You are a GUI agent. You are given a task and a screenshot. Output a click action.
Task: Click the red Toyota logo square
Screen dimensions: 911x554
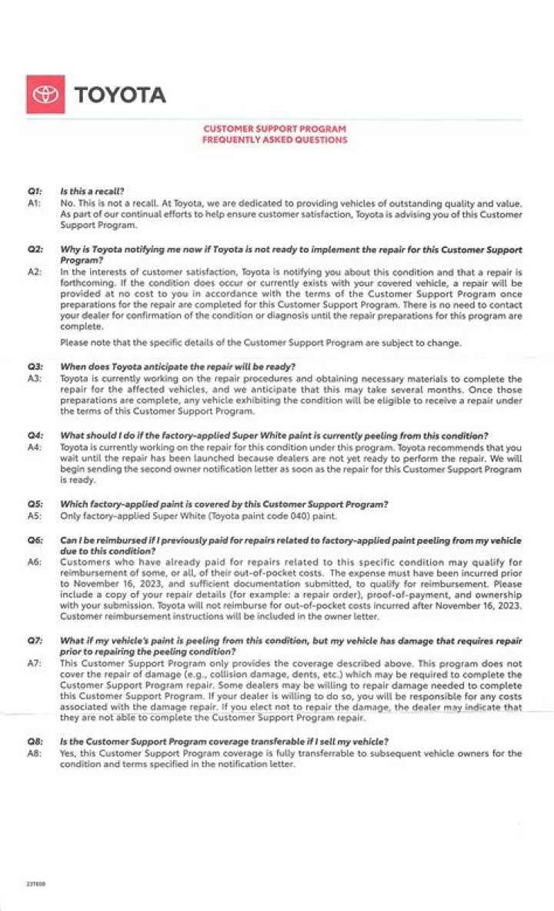(45, 95)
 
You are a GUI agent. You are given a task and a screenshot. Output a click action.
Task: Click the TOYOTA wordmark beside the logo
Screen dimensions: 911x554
(119, 95)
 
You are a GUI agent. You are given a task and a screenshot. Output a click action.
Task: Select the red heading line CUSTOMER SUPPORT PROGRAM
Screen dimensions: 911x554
(275, 129)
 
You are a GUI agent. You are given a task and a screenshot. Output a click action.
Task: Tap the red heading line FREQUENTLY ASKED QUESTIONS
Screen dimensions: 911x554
(275, 140)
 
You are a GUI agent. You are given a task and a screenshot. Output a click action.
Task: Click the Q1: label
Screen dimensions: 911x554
(34, 191)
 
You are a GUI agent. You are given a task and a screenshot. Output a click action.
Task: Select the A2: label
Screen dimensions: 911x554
(34, 273)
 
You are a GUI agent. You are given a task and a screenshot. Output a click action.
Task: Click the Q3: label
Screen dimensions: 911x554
(34, 366)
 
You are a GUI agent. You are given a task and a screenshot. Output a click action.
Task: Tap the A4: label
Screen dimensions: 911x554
(34, 447)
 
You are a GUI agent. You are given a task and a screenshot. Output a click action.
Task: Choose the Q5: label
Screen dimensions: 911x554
(34, 504)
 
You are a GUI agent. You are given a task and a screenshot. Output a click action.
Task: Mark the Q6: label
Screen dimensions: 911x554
(34, 541)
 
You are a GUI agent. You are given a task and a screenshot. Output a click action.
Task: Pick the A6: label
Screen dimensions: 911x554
(34, 562)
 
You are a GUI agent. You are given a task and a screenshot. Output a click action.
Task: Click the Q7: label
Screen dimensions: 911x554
(34, 641)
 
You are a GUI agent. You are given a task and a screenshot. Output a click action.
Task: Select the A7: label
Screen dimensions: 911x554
(34, 663)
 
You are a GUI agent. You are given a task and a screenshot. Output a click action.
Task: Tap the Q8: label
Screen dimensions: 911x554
(34, 742)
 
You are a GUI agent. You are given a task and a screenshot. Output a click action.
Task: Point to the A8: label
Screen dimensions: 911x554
(34, 752)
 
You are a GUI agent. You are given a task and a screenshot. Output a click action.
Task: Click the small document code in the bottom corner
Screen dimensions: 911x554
(34, 885)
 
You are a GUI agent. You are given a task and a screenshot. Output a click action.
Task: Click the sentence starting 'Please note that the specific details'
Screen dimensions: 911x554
(261, 343)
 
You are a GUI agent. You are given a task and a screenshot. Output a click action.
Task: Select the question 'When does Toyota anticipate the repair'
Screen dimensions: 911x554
(178, 366)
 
